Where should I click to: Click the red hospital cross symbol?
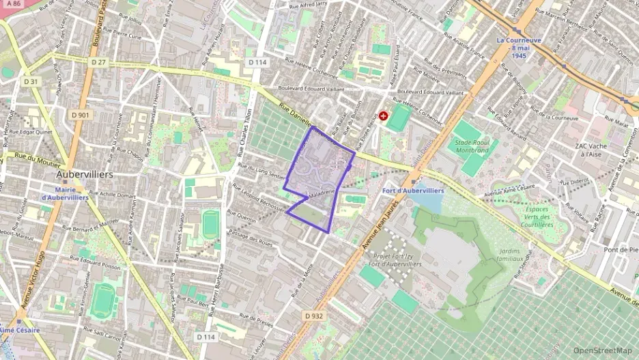pyautogui.click(x=384, y=117)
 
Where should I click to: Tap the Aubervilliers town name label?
pyautogui.click(x=85, y=175)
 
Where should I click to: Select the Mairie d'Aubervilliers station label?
pyautogui.click(x=66, y=193)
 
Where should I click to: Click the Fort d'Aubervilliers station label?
pyautogui.click(x=413, y=191)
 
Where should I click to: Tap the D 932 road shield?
pyautogui.click(x=313, y=316)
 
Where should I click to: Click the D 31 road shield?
pyautogui.click(x=31, y=81)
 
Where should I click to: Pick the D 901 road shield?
pyautogui.click(x=80, y=115)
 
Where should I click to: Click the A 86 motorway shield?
pyautogui.click(x=12, y=4)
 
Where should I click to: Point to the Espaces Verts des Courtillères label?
pyautogui.click(x=536, y=217)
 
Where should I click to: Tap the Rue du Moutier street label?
pyautogui.click(x=35, y=157)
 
